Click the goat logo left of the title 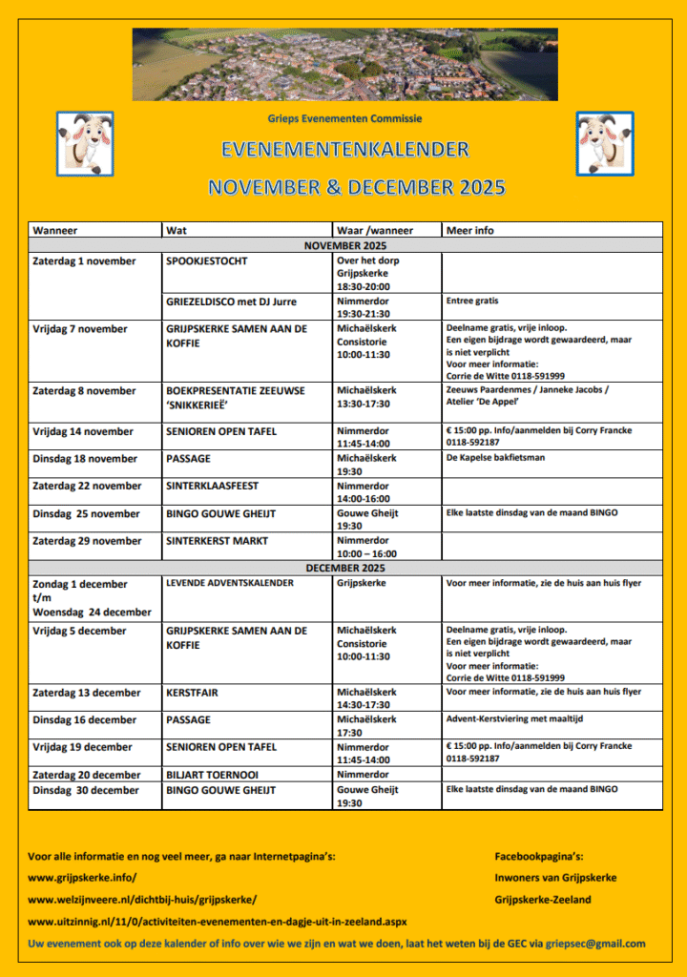click(85, 143)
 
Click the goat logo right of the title click(604, 143)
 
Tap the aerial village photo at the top click(344, 64)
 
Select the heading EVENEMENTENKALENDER click(344, 150)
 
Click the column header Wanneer click(55, 230)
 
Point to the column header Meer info click(470, 230)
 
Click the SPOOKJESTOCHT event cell click(207, 261)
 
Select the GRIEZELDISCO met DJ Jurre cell click(231, 301)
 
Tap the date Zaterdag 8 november click(84, 390)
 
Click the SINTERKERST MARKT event click(217, 541)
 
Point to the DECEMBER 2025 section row click(344, 568)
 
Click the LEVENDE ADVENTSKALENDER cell click(230, 583)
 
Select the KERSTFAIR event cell click(189, 693)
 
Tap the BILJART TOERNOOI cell click(212, 775)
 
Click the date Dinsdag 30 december click(86, 790)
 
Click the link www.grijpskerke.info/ click(82, 877)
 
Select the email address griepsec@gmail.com click(594, 944)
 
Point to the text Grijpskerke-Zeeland click(543, 900)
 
